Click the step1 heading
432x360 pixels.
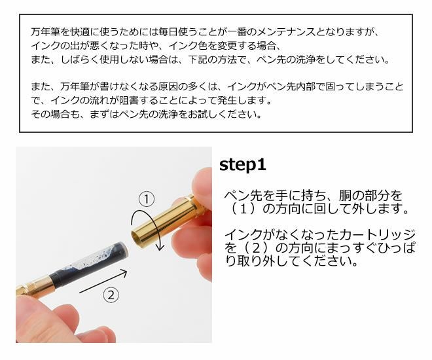[x=242, y=165]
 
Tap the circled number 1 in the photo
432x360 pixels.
[x=147, y=199]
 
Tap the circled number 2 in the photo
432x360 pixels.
[x=111, y=295]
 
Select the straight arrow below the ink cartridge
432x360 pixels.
[x=103, y=281]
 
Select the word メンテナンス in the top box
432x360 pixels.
[x=285, y=32]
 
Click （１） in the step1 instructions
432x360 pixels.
[x=243, y=209]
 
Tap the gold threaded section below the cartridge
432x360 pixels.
[x=33, y=287]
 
